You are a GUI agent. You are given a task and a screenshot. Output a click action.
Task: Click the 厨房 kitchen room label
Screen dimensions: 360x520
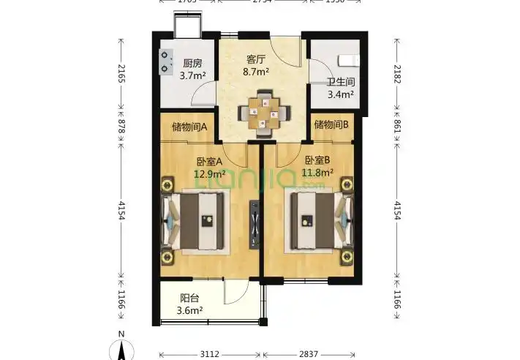(x=192, y=63)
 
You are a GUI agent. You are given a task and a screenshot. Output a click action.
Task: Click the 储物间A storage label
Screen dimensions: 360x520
(x=189, y=126)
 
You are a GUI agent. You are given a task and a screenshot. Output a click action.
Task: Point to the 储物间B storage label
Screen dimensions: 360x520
(x=331, y=125)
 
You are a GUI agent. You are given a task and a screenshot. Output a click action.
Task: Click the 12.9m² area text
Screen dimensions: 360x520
(x=209, y=174)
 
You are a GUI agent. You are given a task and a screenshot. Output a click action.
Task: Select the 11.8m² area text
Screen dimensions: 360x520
(x=317, y=173)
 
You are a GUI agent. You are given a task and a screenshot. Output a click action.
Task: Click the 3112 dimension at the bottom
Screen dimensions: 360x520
(x=209, y=354)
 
